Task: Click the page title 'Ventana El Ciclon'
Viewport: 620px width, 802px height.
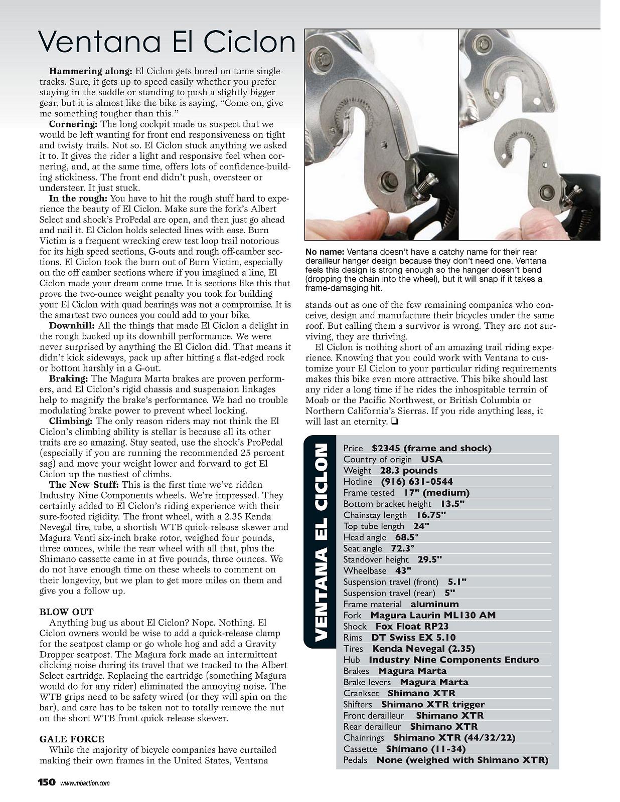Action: pyautogui.click(x=167, y=42)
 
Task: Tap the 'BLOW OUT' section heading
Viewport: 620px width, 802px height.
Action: pyautogui.click(x=66, y=612)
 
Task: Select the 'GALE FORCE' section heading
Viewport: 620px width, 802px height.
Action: pyautogui.click(x=72, y=739)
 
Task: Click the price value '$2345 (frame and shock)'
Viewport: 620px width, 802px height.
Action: pyautogui.click(x=431, y=448)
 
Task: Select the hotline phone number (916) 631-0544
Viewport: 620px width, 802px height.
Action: pyautogui.click(x=417, y=482)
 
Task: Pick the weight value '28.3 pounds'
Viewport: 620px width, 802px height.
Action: pyautogui.click(x=408, y=470)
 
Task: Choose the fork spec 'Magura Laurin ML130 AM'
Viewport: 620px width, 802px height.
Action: pyautogui.click(x=432, y=615)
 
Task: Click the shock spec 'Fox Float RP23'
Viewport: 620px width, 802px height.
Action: pyautogui.click(x=412, y=626)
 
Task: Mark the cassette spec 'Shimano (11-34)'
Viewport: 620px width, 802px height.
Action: pyautogui.click(x=426, y=749)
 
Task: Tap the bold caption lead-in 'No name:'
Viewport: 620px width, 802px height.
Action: pyautogui.click(x=324, y=252)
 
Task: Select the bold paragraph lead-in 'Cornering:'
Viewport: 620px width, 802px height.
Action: pyautogui.click(x=73, y=124)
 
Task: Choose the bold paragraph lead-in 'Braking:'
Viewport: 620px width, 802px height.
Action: pyautogui.click(x=69, y=378)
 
